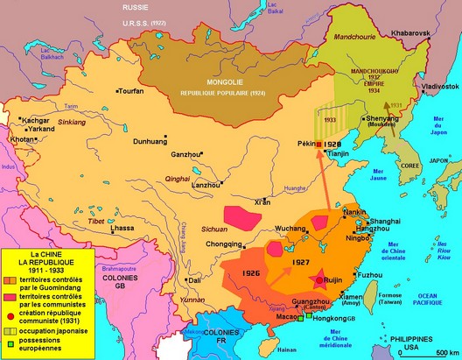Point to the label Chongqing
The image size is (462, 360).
pyautogui.click(x=224, y=244)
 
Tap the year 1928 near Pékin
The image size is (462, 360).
pyautogui.click(x=332, y=143)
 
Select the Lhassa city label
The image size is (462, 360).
pyautogui.click(x=122, y=228)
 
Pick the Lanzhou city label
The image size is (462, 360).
pyautogui.click(x=206, y=185)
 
